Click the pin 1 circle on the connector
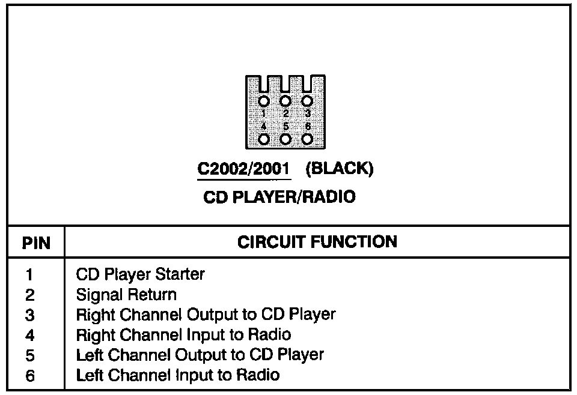click(x=264, y=101)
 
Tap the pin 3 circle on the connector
click(x=307, y=101)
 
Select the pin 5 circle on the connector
click(x=285, y=139)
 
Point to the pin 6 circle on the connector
click(x=307, y=139)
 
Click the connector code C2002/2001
click(x=244, y=169)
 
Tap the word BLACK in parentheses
click(x=340, y=169)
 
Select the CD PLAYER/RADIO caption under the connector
click(x=279, y=197)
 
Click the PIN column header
click(x=36, y=243)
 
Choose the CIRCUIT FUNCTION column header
click(x=317, y=242)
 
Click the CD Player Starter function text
click(x=140, y=275)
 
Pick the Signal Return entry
click(x=126, y=295)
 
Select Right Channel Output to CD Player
click(x=206, y=315)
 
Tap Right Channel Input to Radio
click(x=183, y=334)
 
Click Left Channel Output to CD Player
click(x=200, y=355)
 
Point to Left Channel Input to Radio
click(x=177, y=375)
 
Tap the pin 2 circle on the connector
click(x=285, y=101)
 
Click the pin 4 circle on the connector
click(x=264, y=139)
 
